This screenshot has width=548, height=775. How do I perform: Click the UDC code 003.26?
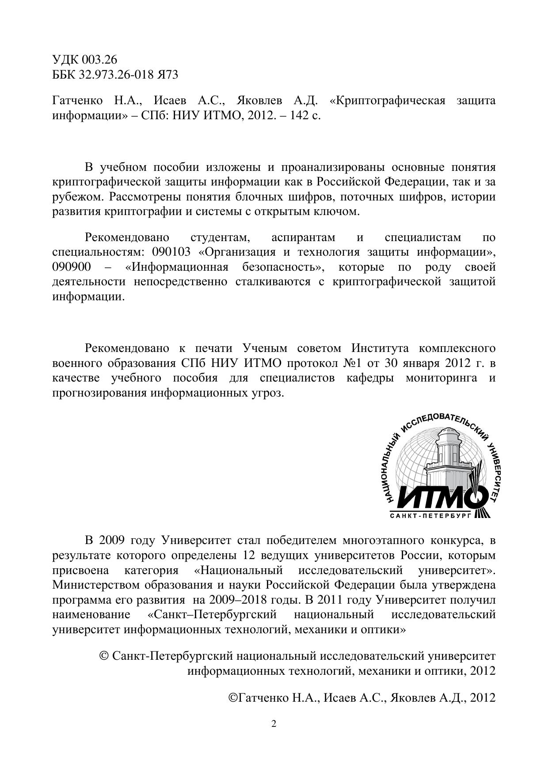[100, 60]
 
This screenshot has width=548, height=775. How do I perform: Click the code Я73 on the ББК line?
[168, 75]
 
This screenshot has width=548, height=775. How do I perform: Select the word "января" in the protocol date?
[420, 363]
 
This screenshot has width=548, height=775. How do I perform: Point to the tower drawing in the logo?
[449, 457]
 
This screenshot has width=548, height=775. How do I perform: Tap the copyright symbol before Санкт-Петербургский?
[105, 656]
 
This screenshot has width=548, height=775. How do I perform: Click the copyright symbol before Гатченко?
[232, 698]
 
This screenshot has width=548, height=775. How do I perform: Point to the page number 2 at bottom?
[274, 724]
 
